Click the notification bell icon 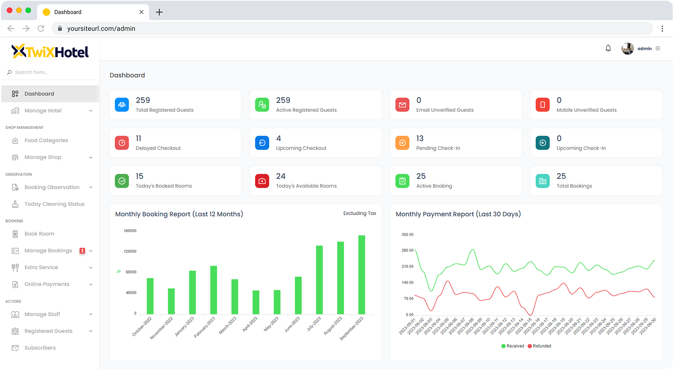pos(608,48)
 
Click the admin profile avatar pos(628,49)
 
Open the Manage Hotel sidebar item pos(43,111)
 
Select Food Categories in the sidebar pos(46,141)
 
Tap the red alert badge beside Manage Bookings pos(82,251)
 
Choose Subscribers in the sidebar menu pos(40,348)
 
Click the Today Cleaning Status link pos(54,204)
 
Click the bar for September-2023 pos(361,275)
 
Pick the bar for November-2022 pos(171,301)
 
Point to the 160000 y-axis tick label pos(130,231)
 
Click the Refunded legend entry pos(540,346)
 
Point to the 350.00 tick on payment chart pos(407,235)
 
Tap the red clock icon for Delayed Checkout pos(122,143)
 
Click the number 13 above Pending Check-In pos(420,138)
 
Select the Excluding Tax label pos(360,213)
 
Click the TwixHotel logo pos(50,52)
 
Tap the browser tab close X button pos(142,12)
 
